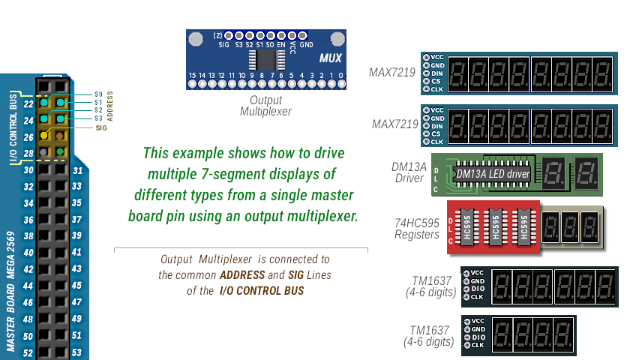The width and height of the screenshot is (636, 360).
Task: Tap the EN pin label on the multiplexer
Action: tap(281, 45)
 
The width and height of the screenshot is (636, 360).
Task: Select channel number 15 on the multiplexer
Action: tap(193, 76)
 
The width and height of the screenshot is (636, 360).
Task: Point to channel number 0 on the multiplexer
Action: tap(341, 76)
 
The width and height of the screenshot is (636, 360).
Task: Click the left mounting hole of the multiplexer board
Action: tap(196, 39)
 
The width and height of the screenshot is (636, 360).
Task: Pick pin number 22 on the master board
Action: tap(28, 104)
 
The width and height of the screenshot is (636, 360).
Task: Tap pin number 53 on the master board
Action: tap(76, 352)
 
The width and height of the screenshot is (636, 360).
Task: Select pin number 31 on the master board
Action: tap(76, 170)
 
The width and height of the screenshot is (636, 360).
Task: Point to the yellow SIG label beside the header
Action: tap(101, 127)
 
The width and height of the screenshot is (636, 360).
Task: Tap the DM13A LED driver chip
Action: tap(493, 174)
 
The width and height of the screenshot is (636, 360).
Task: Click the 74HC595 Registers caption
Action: tap(417, 229)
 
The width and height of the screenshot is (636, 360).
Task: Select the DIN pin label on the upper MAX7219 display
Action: tap(437, 73)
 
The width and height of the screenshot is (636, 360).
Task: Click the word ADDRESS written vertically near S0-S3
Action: tap(110, 106)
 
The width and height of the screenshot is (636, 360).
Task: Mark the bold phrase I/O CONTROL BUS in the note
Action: tap(261, 290)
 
